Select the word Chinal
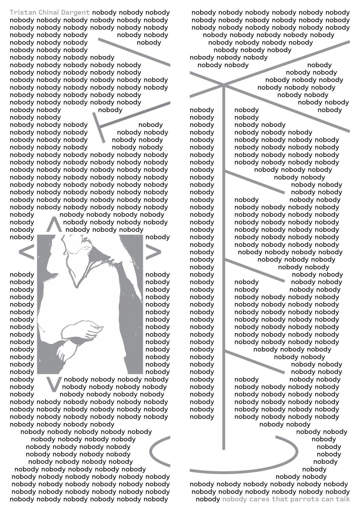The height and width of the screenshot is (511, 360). pyautogui.click(x=49, y=13)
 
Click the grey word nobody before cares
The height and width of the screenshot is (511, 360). pyautogui.click(x=234, y=499)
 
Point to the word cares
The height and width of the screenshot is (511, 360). pyautogui.click(x=259, y=499)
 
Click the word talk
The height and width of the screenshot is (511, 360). pyautogui.click(x=343, y=499)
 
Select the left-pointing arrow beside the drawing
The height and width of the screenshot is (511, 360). pyautogui.click(x=26, y=252)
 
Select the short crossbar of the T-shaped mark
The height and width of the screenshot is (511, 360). pyautogui.click(x=99, y=128)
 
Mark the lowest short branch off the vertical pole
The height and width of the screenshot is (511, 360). pyautogui.click(x=254, y=362)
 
